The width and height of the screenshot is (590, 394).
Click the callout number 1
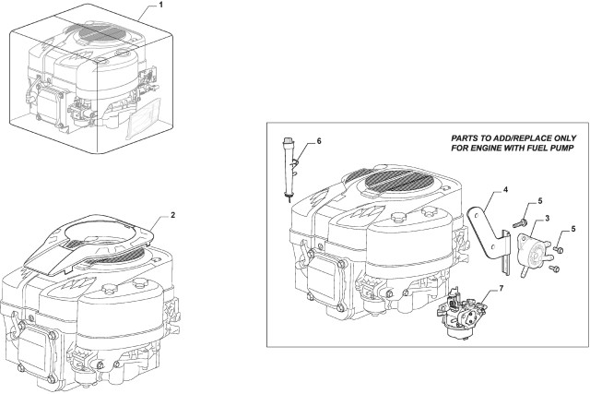coord(161,7)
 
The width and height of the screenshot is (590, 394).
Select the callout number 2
coord(172,215)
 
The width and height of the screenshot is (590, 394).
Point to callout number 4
coord(504,191)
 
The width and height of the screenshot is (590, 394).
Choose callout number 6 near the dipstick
coord(318,141)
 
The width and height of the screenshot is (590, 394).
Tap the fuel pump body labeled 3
coord(534,244)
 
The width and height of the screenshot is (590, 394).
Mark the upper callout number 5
coord(541,201)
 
